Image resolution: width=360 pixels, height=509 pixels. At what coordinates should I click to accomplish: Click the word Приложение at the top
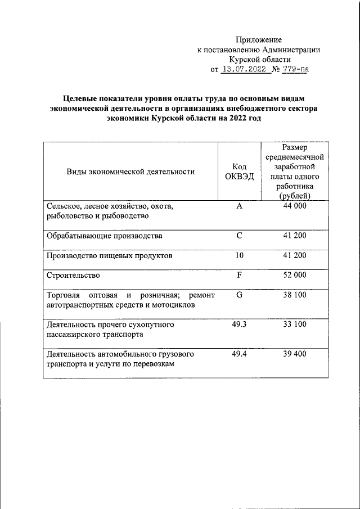pos(259,40)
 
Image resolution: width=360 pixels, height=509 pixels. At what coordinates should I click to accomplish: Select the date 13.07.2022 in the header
pos(243,70)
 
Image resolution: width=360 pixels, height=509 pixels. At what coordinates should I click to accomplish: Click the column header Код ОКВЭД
pos(239,172)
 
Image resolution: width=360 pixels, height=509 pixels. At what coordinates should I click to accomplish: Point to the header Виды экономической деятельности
pos(130,172)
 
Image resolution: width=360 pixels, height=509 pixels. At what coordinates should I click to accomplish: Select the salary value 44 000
pos(294,206)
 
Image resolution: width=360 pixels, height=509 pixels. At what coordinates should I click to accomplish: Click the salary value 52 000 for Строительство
pos(294,275)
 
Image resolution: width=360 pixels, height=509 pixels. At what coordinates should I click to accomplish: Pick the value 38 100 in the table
pos(294,295)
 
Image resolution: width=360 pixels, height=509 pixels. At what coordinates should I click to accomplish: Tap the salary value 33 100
pos(294,325)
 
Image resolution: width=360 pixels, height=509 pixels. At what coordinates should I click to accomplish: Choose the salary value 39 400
pos(294,354)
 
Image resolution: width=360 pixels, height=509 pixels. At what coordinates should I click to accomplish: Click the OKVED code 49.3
pos(239,325)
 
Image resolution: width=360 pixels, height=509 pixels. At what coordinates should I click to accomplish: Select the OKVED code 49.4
pos(239,354)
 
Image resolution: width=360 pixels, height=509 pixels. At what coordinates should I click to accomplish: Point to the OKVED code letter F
pos(239,275)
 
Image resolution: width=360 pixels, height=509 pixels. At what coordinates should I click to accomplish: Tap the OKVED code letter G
pos(239,295)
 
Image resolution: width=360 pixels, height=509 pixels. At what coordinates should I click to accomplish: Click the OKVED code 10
pos(239,255)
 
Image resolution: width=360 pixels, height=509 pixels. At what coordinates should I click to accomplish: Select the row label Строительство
pos(73,275)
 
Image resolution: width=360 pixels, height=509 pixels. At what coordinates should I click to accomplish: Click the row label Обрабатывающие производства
pos(105,235)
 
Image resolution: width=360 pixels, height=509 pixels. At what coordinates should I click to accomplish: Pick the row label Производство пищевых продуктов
pos(109,255)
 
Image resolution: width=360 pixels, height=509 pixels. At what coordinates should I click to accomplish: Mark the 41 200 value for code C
pos(294,235)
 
